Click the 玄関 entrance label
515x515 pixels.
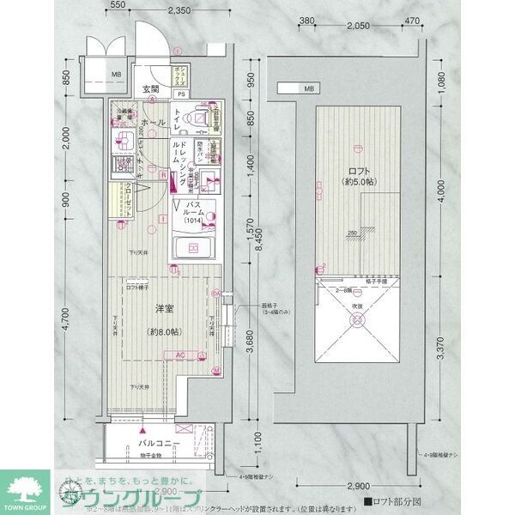(151, 88)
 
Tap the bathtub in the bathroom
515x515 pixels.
(194, 250)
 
